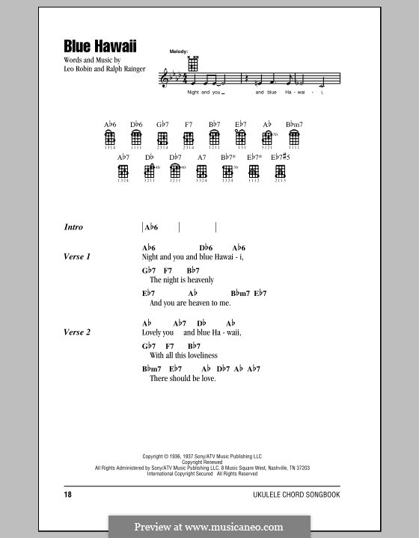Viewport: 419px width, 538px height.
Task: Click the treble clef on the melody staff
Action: click(165, 78)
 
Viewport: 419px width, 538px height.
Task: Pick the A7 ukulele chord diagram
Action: click(201, 172)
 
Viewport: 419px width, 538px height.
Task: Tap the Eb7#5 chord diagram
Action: click(280, 172)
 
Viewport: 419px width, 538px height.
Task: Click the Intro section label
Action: click(74, 227)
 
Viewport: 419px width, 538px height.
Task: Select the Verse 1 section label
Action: click(78, 257)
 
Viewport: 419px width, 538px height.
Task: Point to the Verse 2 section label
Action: click(78, 333)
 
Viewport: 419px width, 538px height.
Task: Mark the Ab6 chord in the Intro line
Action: click(152, 227)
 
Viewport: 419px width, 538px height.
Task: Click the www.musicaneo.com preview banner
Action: click(209, 526)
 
